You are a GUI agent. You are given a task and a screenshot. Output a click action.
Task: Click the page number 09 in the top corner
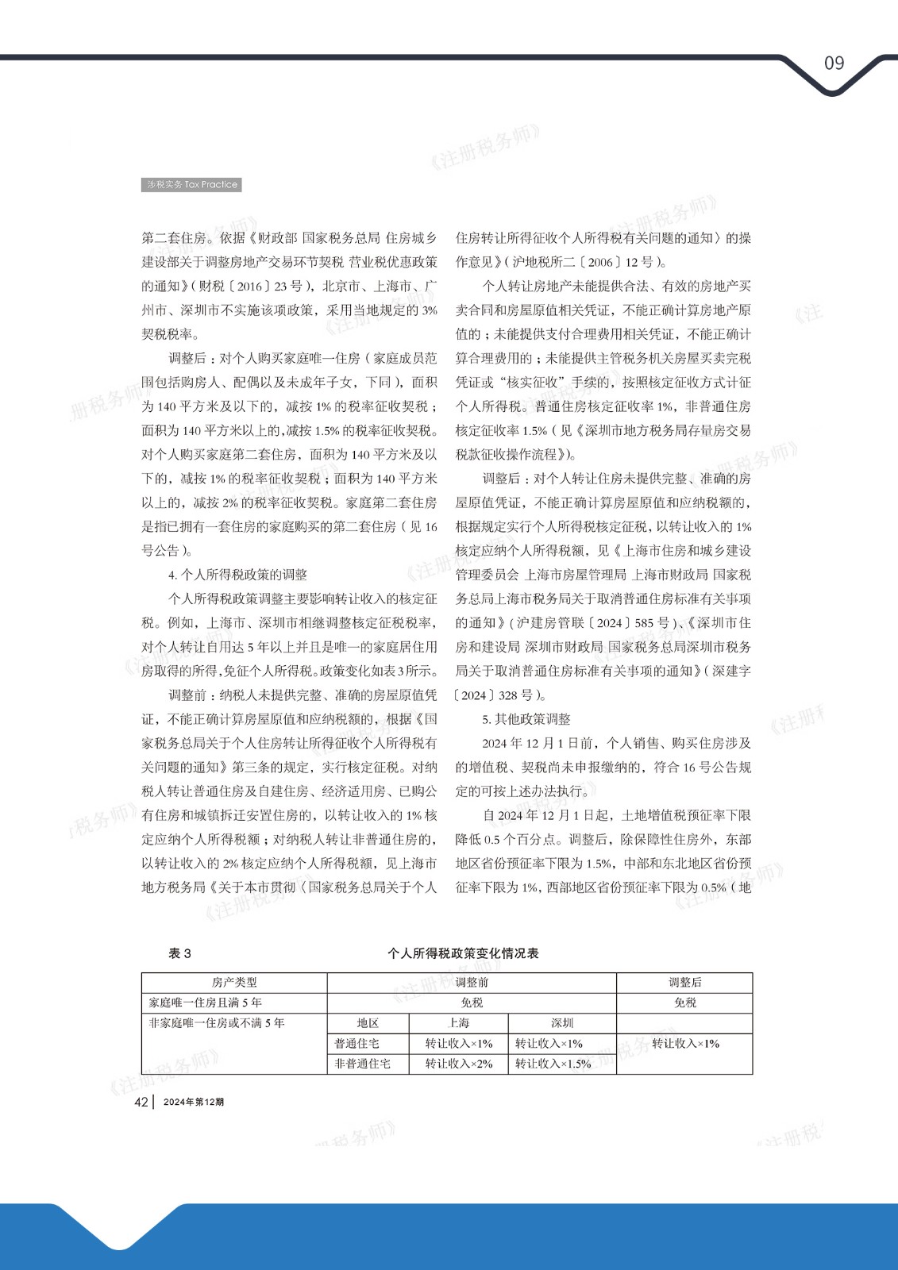[x=834, y=63]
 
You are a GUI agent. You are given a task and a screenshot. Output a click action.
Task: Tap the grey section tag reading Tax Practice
[x=191, y=184]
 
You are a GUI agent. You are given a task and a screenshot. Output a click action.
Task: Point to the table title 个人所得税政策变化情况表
[x=463, y=953]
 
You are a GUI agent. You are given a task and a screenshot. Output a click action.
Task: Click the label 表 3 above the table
[x=179, y=953]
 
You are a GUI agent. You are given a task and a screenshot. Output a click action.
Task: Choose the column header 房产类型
[x=234, y=983]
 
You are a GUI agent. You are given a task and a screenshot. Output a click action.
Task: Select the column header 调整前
[x=472, y=983]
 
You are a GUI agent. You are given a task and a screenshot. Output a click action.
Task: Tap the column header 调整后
[x=684, y=983]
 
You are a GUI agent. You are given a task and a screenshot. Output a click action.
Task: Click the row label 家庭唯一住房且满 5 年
[x=205, y=1003]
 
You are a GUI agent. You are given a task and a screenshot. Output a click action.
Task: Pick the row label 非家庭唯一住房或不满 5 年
[x=216, y=1023]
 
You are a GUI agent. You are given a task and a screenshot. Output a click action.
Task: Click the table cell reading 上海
[x=459, y=1023]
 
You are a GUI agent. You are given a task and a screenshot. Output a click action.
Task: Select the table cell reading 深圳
[x=562, y=1023]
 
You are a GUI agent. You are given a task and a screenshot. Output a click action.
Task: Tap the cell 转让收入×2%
[x=459, y=1064]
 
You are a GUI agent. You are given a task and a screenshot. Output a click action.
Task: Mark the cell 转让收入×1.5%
[x=553, y=1064]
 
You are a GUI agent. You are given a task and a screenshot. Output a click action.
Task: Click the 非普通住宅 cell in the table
[x=362, y=1064]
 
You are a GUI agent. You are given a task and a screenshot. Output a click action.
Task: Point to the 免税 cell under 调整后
[x=684, y=1003]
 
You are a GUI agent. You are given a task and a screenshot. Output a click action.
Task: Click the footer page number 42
[x=141, y=1102]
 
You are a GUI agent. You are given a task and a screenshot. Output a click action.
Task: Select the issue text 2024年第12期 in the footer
[x=194, y=1102]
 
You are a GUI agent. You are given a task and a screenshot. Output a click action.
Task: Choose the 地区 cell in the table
[x=368, y=1023]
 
